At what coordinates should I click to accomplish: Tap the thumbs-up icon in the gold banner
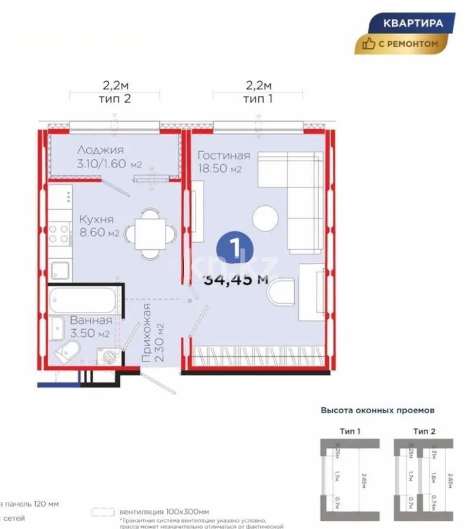[x=369, y=43]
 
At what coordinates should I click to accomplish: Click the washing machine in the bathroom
[x=109, y=357]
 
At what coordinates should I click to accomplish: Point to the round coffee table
[x=265, y=219]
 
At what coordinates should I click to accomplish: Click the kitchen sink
[x=60, y=271]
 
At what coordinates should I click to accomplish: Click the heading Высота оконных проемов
[x=378, y=410]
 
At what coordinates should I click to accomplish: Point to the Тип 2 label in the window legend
[x=424, y=431]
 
